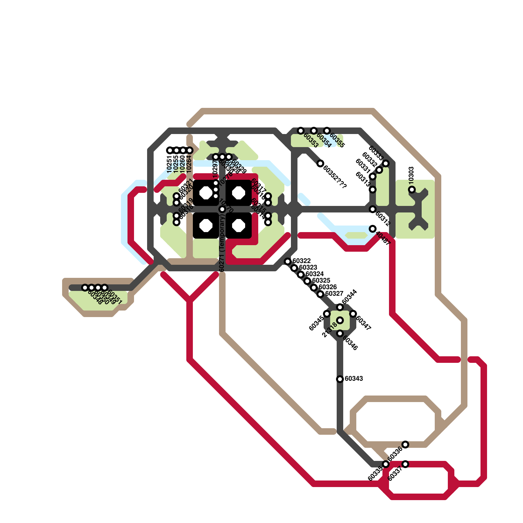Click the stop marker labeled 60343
[x=340, y=379]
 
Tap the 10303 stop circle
[x=412, y=190]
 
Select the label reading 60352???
[x=335, y=177]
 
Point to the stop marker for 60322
[x=288, y=261]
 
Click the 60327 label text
[x=334, y=294]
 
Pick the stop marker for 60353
[x=301, y=131]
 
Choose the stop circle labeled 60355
[x=327, y=131]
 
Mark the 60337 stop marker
[x=405, y=464]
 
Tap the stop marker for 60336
[x=405, y=445]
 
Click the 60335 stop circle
[x=386, y=464]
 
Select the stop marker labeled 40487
[x=373, y=229]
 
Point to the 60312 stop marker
[x=373, y=209]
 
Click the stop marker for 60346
[x=340, y=333]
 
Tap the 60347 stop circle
[x=353, y=314]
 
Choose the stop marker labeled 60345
[x=327, y=314]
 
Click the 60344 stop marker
[x=340, y=307]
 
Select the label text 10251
[x=169, y=164]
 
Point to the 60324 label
[x=314, y=274]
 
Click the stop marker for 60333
[x=386, y=163]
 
